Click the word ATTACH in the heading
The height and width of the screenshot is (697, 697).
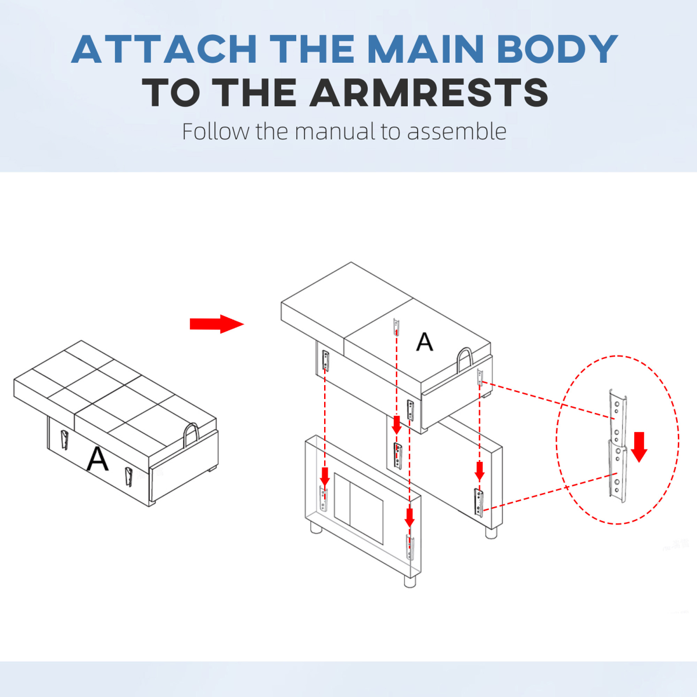164,49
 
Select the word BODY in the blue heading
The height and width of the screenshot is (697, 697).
558,49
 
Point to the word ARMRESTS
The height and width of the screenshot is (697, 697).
429,93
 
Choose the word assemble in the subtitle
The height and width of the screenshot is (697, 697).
457,132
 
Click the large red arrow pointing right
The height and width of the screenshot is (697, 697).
216,324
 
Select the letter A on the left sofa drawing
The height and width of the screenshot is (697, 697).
98,459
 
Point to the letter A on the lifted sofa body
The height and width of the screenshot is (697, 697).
425,342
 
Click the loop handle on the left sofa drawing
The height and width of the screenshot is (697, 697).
191,435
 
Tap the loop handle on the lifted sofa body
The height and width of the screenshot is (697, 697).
465,360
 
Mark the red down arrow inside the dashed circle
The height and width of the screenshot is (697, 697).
639,446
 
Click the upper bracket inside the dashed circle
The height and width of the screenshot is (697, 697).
617,415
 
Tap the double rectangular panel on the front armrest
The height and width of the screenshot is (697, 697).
358,508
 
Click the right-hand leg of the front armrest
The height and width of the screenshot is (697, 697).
410,580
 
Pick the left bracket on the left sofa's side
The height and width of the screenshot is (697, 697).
64,440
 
